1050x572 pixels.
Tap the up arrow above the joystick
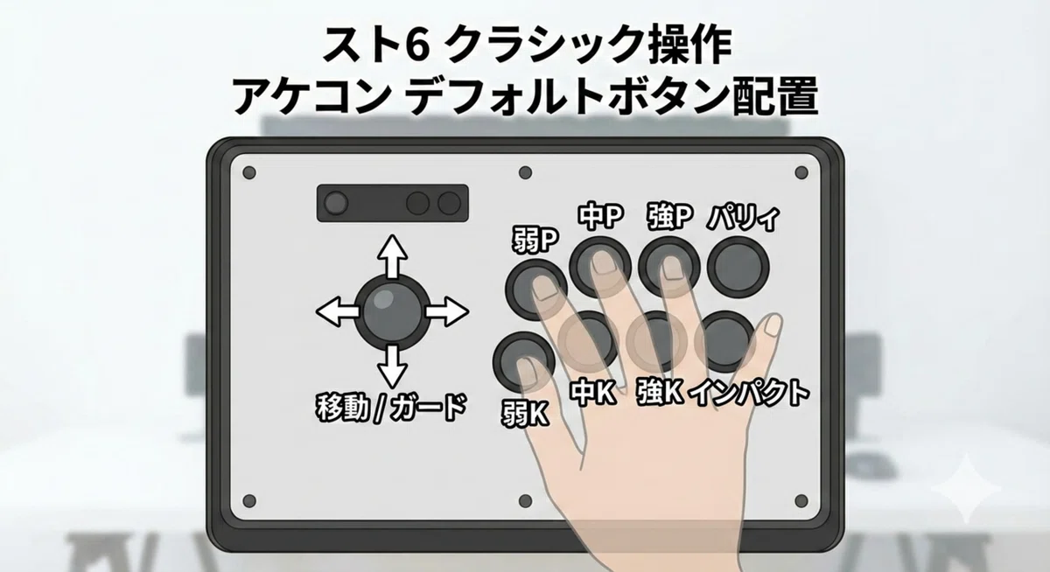pos(392,257)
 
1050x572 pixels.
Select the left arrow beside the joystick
pos(338,311)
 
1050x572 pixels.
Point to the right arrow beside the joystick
pos(447,311)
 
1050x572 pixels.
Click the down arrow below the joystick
pos(392,366)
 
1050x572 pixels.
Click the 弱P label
pos(535,241)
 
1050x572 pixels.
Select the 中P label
pos(600,216)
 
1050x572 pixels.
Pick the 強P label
pos(669,216)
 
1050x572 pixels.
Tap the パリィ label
pos(744,218)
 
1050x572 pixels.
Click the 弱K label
pos(526,414)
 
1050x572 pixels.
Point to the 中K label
pos(593,393)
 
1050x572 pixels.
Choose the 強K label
pos(660,392)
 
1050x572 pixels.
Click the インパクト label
pos(750,393)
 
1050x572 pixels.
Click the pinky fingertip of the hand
pos(772,324)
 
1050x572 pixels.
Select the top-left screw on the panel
pos(249,173)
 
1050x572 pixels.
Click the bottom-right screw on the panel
pos(801,501)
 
